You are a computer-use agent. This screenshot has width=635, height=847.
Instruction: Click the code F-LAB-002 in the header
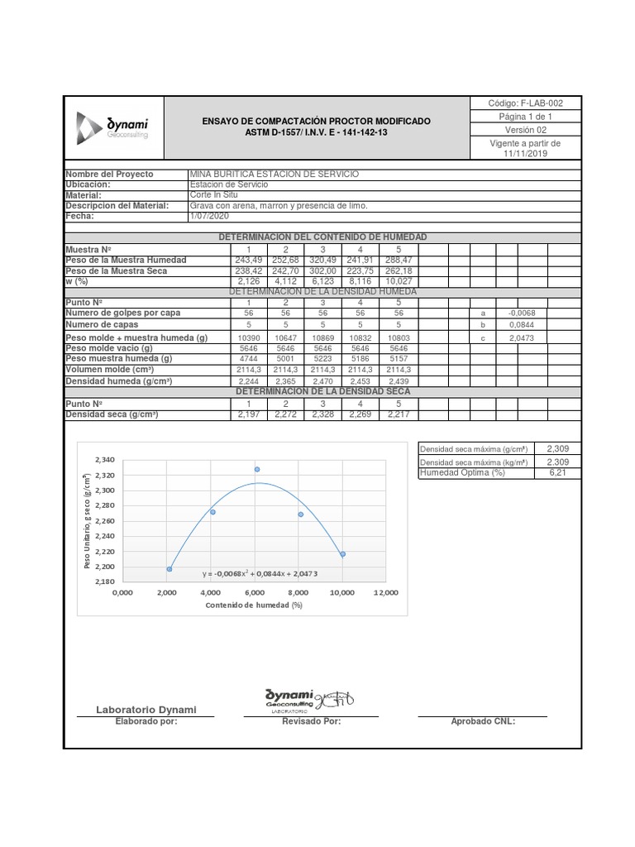[x=526, y=103]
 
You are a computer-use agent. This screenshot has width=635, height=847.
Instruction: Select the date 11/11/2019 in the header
[x=526, y=154]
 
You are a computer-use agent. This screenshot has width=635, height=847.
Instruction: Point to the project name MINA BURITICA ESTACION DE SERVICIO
[x=263, y=175]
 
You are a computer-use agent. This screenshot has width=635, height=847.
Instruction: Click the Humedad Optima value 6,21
[x=558, y=473]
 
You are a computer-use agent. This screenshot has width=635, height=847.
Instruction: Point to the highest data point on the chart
[x=257, y=469]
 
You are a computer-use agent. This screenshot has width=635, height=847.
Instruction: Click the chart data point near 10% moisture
[x=342, y=554]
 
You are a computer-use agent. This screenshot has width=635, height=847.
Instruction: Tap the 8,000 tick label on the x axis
[x=298, y=592]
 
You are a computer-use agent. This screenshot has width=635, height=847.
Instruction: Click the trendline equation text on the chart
[x=260, y=573]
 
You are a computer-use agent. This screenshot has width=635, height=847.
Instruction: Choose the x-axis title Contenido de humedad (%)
[x=254, y=605]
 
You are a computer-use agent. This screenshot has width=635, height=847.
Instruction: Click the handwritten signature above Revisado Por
[x=338, y=700]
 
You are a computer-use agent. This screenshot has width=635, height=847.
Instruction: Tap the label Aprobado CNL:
[x=483, y=721]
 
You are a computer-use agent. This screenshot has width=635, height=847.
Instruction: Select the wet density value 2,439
[x=399, y=382]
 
